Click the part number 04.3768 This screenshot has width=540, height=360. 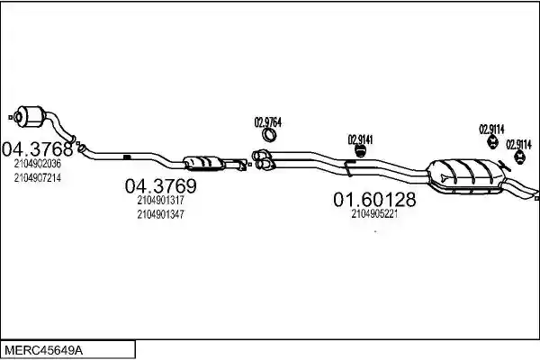tap(37, 149)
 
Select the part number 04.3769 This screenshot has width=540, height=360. tap(161, 186)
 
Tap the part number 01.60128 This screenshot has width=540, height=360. tap(374, 200)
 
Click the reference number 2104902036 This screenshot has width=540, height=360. tap(38, 164)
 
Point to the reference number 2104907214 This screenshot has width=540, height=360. tap(38, 178)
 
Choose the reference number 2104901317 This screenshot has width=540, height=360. tap(160, 200)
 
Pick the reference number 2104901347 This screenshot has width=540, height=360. tap(160, 214)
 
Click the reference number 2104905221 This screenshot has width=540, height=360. tap(374, 214)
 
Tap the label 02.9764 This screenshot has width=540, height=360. tap(268, 122)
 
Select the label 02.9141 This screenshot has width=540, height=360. tap(360, 139)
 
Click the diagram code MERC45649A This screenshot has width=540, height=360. tap(44, 351)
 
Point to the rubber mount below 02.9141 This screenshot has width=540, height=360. tap(360, 151)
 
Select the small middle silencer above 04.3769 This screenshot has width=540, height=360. tap(202, 163)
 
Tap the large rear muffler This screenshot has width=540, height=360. tap(465, 175)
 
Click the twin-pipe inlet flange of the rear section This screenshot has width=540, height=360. tap(263, 160)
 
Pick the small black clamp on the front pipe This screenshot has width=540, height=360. tap(127, 157)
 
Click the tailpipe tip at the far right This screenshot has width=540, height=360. tap(532, 194)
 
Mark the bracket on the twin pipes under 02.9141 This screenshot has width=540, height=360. tap(348, 167)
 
